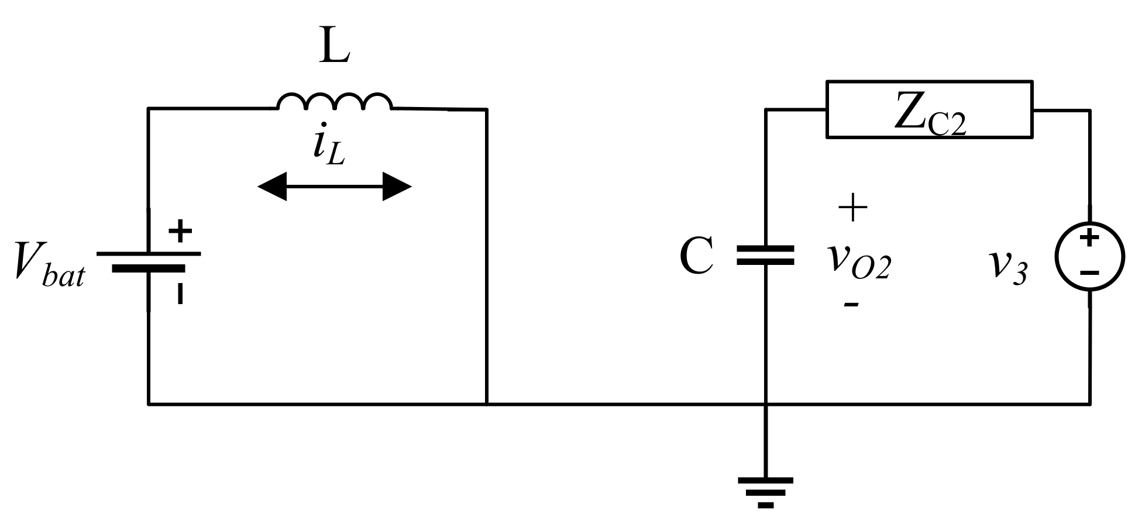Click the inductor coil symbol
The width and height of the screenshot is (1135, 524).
(335, 102)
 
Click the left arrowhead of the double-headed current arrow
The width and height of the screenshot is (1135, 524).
(273, 187)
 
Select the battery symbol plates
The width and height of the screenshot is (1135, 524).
(149, 261)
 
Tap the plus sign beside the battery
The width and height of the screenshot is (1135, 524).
(181, 231)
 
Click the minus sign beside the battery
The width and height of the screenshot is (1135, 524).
(181, 293)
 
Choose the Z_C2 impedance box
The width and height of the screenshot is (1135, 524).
(928, 110)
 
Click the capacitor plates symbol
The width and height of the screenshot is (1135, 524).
(765, 256)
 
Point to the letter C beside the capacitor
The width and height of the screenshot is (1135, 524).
(696, 257)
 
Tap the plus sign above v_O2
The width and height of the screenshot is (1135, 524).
(852, 207)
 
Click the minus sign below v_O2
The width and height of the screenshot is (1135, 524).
(851, 305)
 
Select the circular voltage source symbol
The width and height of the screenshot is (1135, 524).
(1089, 256)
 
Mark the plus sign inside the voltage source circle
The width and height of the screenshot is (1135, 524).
(1089, 239)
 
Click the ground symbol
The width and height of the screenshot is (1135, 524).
(765, 491)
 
